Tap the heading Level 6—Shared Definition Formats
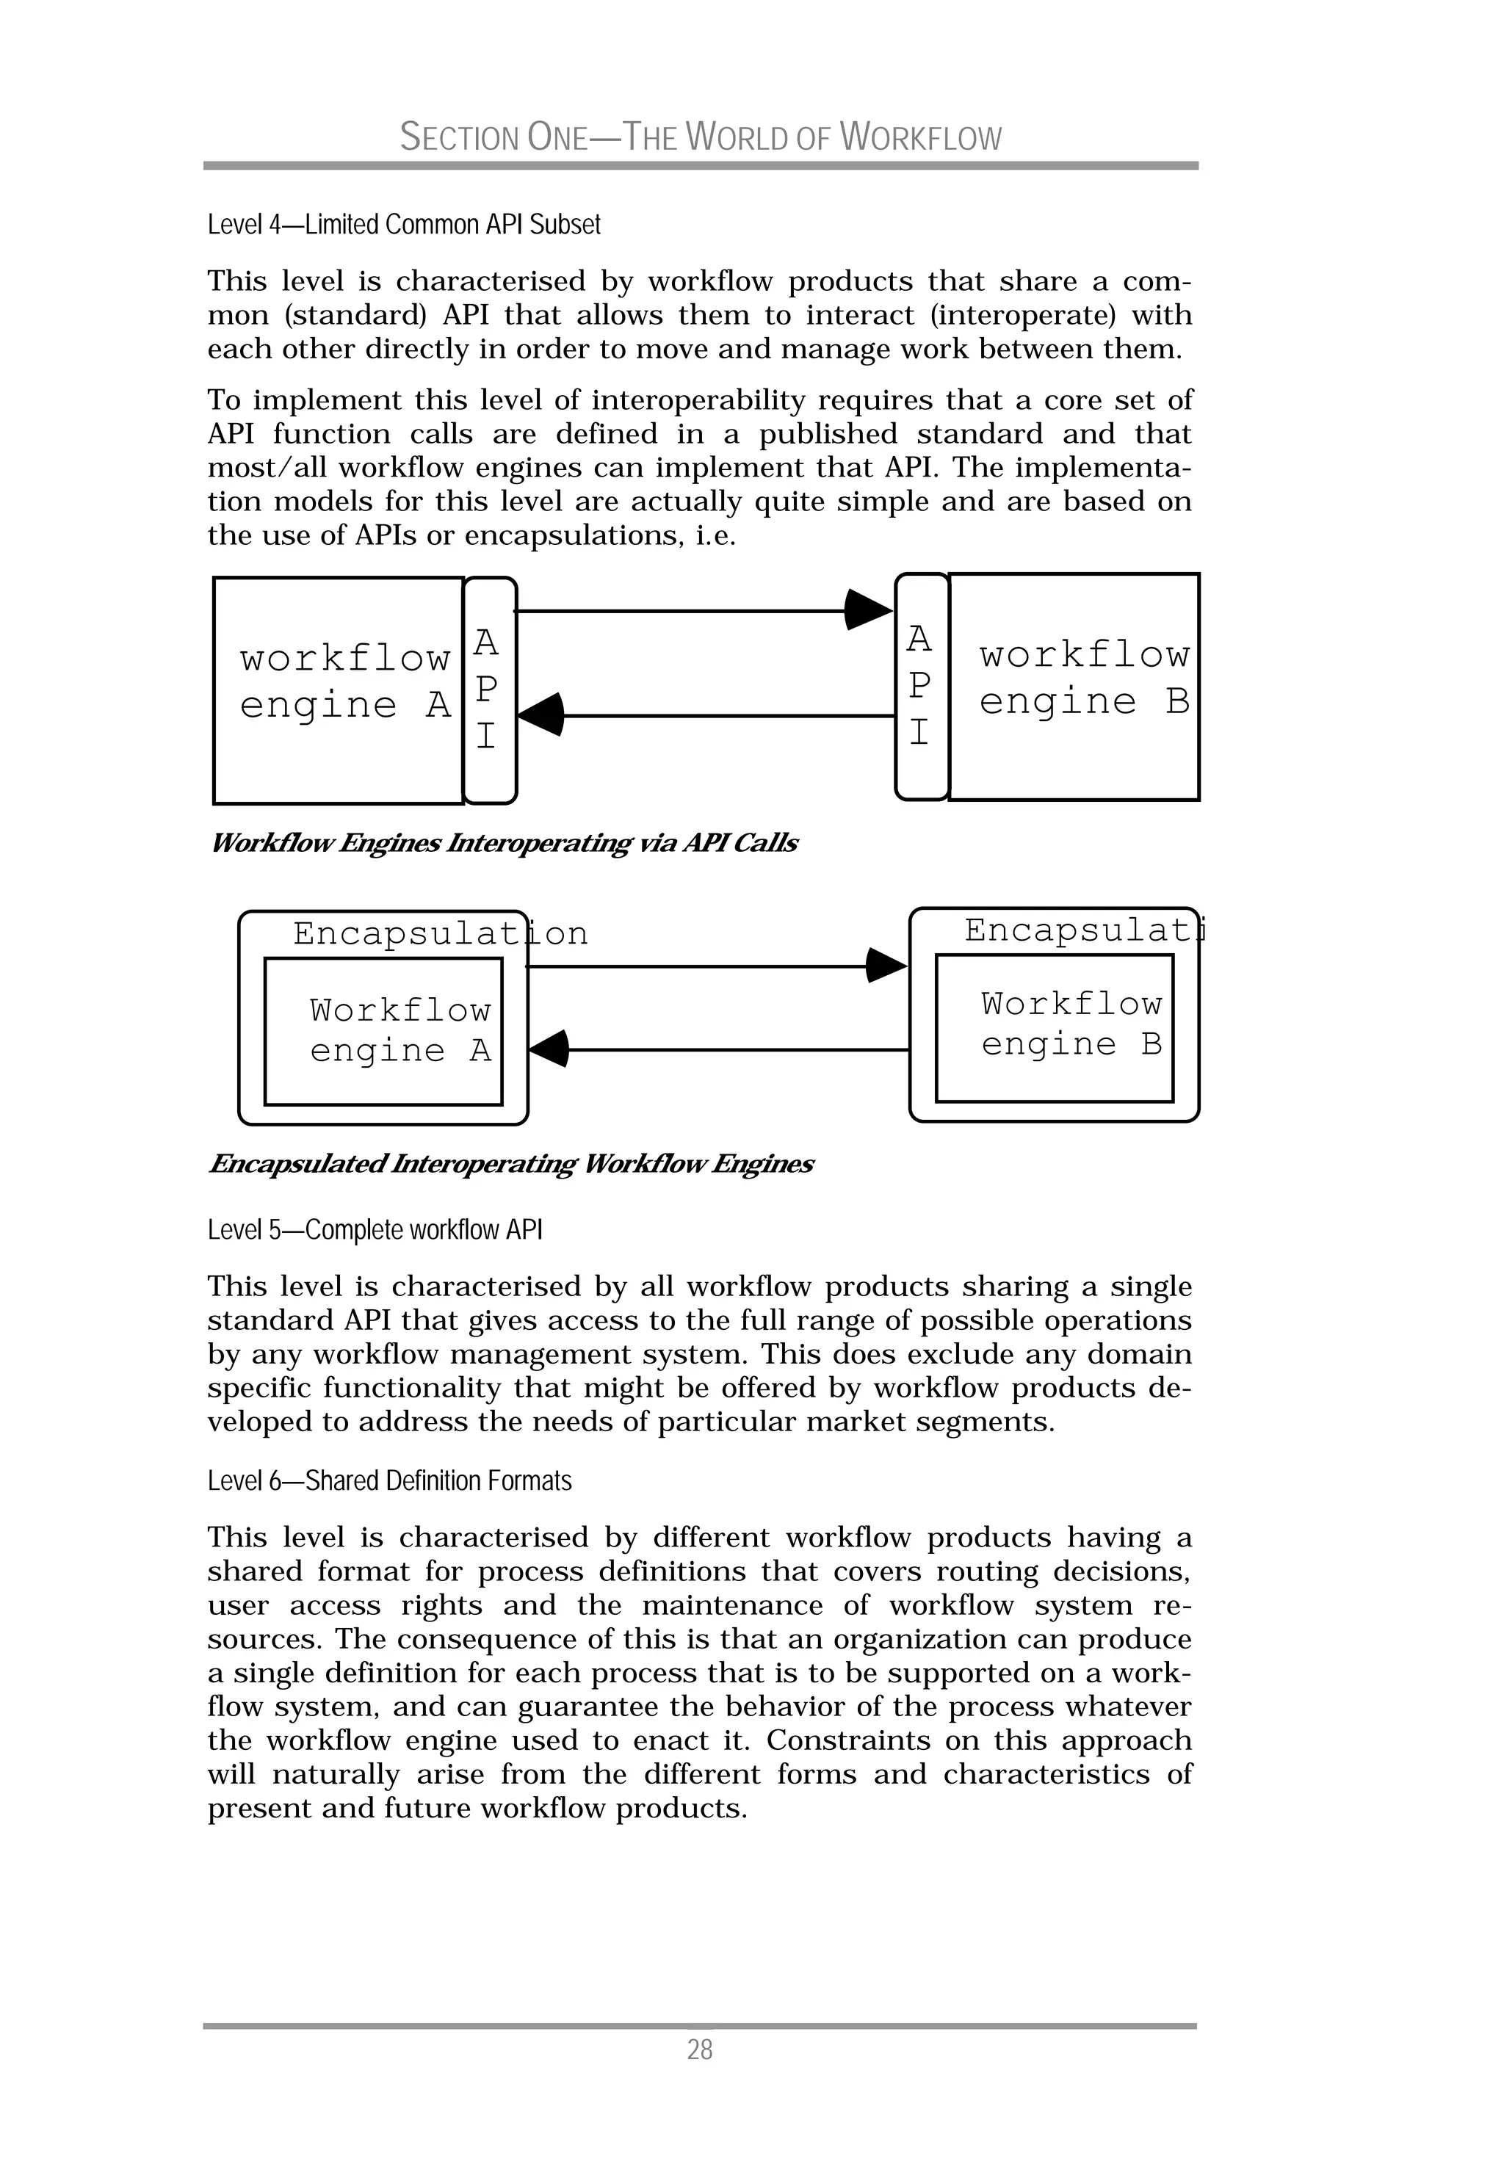tap(389, 1481)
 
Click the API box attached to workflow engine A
tap(489, 690)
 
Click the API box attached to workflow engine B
tap(921, 686)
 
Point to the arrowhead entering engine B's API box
tap(867, 609)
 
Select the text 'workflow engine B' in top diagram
tap(1084, 677)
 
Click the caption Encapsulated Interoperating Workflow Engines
tap(510, 1165)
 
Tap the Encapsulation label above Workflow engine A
tap(440, 933)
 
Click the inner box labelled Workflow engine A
tap(383, 1032)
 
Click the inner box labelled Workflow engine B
tap(1054, 1027)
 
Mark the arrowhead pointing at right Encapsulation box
tap(885, 966)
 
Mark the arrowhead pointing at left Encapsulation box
tap(550, 1049)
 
